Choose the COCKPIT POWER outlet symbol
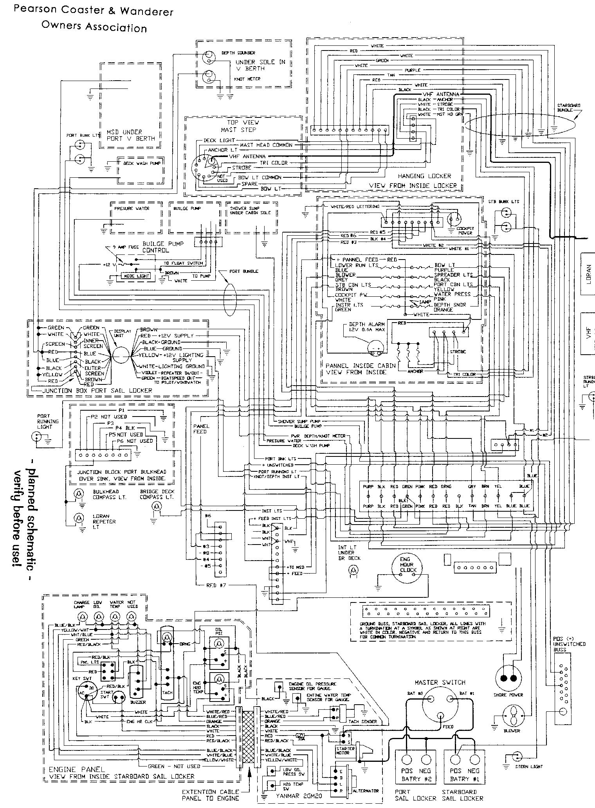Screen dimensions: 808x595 coord(455,220)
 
